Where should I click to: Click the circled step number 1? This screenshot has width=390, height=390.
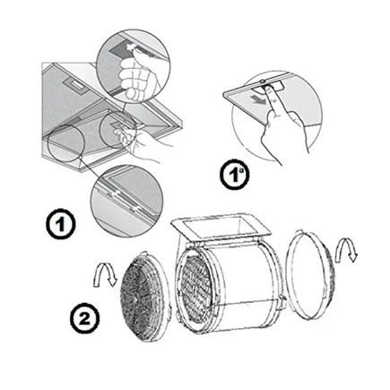[x=61, y=224]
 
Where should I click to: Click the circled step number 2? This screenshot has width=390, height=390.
[x=84, y=318]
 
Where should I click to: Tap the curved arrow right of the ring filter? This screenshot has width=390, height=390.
[x=346, y=250]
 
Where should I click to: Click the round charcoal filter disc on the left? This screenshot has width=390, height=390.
[x=144, y=297]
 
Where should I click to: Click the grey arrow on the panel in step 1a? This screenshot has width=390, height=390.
[x=256, y=100]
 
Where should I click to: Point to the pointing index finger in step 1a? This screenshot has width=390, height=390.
[x=273, y=101]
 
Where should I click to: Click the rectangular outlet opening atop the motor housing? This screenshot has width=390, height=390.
[x=221, y=226]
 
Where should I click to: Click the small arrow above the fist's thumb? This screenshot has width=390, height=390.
[x=129, y=48]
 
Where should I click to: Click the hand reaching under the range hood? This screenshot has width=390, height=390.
[x=141, y=143]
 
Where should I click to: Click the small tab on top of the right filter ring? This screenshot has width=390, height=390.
[x=299, y=232]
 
